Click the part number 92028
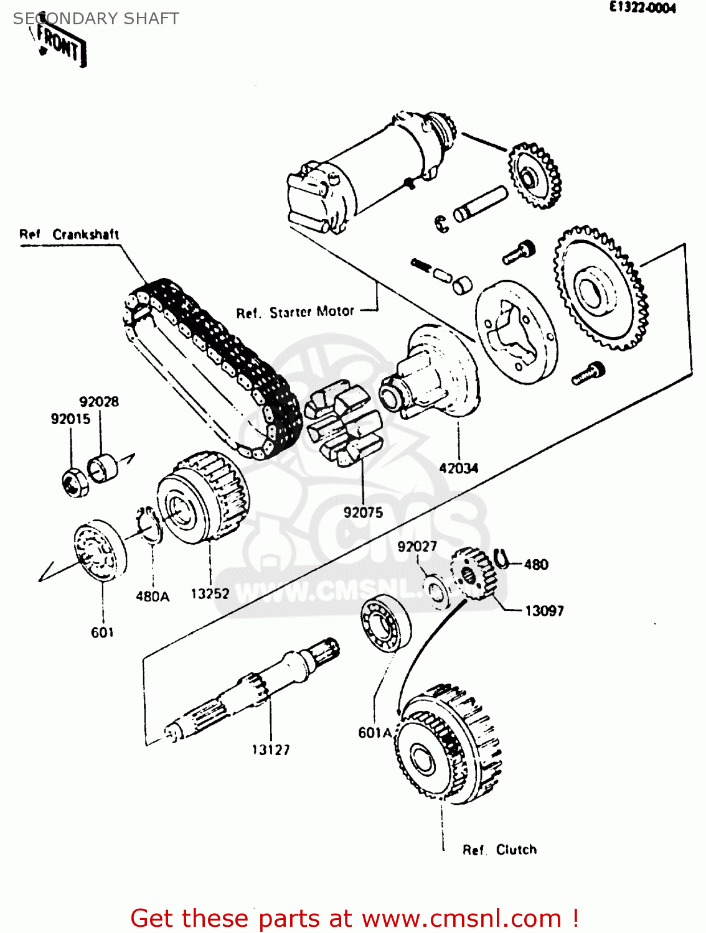coord(99,402)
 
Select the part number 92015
coord(70,419)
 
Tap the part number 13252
coord(210,594)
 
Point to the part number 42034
coord(459,468)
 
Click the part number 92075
coord(363,513)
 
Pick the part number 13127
coord(271,750)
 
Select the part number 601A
coord(375,733)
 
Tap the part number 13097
coord(544,611)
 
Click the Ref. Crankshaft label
coord(69,234)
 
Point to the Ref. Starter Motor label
coord(295,312)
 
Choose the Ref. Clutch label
coord(499,850)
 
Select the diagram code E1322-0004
coord(642,8)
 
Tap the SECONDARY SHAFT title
coord(96,19)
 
